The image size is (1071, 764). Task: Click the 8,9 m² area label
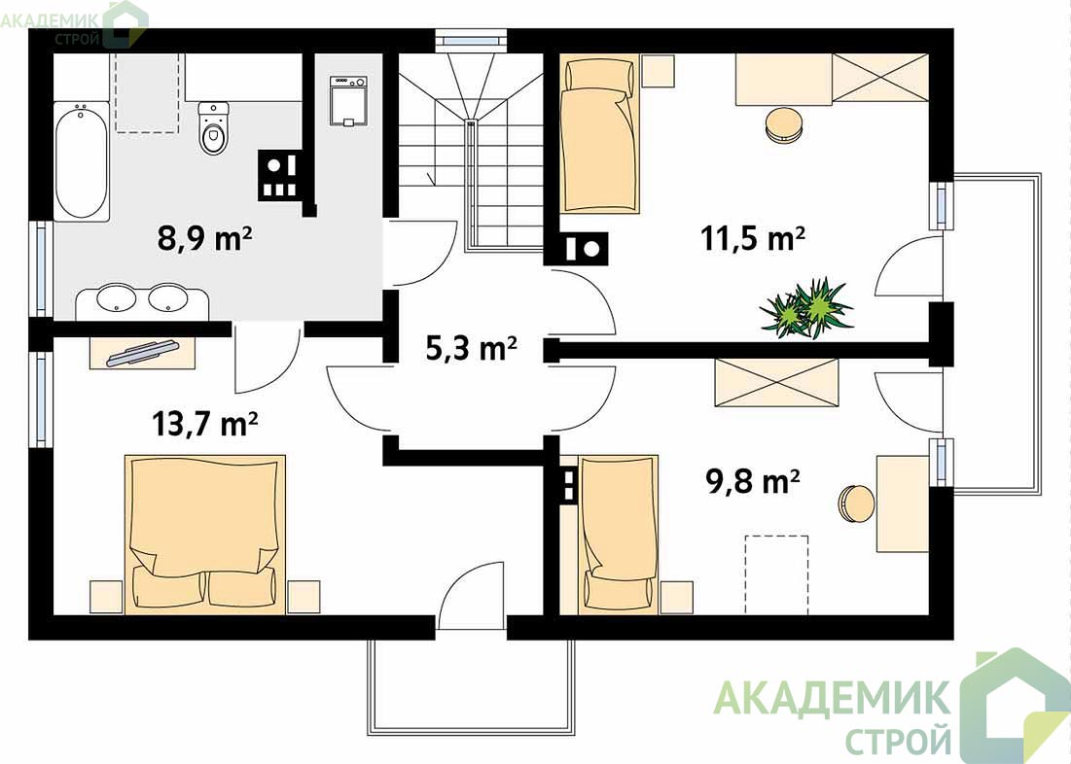coord(205,239)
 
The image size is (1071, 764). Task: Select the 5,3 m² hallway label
coord(471,348)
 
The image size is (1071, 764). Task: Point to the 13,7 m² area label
coord(204,423)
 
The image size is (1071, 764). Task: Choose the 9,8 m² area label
coord(752,481)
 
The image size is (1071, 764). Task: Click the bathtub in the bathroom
coord(82,161)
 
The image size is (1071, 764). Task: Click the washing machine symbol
coord(349,101)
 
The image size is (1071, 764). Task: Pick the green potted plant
coord(806,308)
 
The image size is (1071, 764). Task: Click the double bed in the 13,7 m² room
coord(205,535)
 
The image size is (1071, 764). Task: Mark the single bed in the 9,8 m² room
coord(618,534)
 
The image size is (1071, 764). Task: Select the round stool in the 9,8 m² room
coord(857,504)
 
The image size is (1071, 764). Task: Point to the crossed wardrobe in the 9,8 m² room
coord(776,382)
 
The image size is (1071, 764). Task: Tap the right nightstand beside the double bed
coord(303,597)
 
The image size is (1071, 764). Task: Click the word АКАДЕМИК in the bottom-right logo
coord(832,697)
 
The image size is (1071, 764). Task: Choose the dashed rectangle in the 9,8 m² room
coord(776,574)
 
